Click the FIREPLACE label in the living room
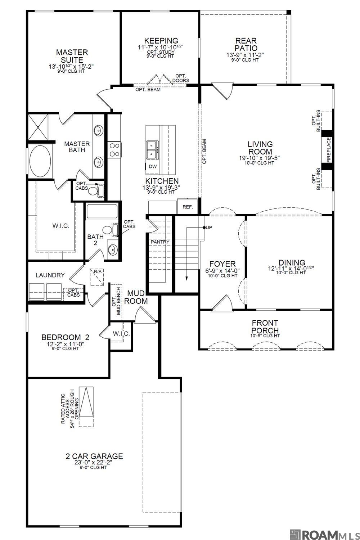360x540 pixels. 328,150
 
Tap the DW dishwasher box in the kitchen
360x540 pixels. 153,166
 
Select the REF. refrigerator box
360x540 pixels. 188,207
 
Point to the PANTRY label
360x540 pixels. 160,242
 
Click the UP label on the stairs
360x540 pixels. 208,228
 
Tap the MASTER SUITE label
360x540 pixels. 72,56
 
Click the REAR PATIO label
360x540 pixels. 246,45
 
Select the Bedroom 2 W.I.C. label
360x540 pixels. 121,334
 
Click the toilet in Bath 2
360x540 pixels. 107,230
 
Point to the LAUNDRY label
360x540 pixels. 50,275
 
